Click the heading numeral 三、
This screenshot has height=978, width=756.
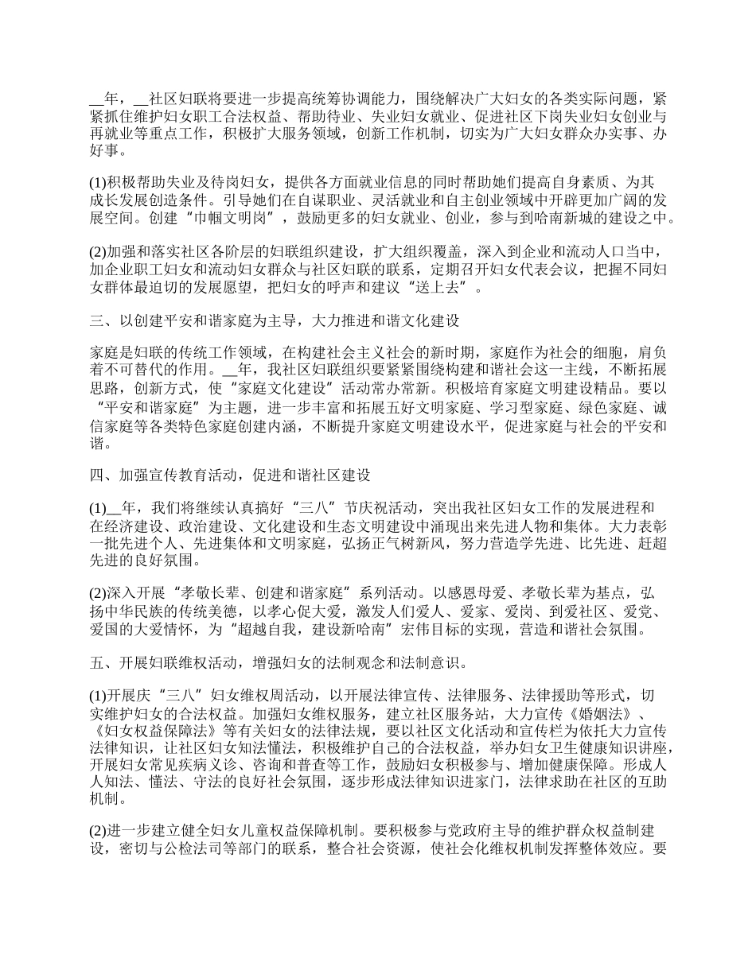[101, 321]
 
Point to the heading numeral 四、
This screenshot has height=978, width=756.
[101, 475]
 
